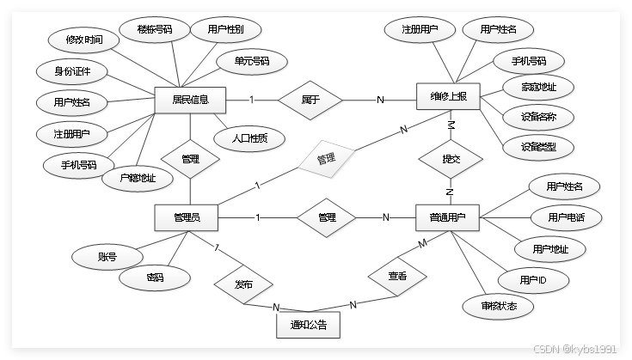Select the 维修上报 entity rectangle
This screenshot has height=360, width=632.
coord(448,97)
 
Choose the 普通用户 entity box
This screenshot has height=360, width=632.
coord(447,218)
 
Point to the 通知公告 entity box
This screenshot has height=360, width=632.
coord(308,326)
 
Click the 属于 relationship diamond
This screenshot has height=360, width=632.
coord(310,100)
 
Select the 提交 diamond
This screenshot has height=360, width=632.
coord(450,158)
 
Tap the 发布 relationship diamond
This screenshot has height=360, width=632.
coord(243,284)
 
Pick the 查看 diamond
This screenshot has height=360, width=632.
coord(396,277)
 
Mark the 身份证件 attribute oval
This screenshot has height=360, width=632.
coord(67,70)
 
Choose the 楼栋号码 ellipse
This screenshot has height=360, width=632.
coord(155,29)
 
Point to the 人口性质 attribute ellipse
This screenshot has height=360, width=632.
coord(249,137)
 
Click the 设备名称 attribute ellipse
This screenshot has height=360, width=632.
coord(542,115)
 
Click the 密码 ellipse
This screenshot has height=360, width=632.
coord(155,278)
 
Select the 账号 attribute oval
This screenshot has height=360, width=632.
coord(107,255)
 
